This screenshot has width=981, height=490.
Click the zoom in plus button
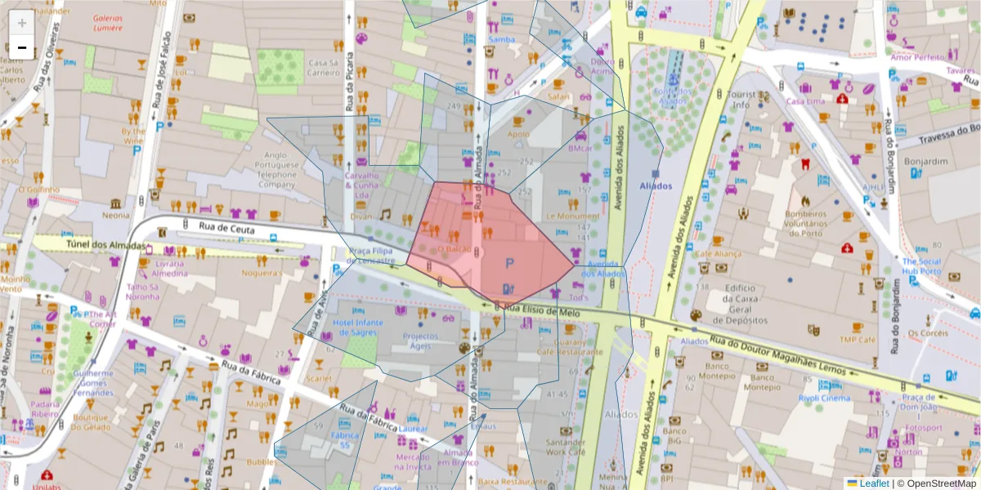pyautogui.click(x=22, y=23)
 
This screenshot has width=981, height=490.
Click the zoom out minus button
pyautogui.click(x=22, y=48)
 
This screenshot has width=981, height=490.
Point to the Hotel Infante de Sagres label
pyautogui.click(x=359, y=327)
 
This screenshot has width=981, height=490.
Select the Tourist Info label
pyautogui.click(x=741, y=99)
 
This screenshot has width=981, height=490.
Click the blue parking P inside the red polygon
pyautogui.click(x=510, y=263)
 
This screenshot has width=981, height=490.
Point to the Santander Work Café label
pyautogui.click(x=566, y=446)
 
